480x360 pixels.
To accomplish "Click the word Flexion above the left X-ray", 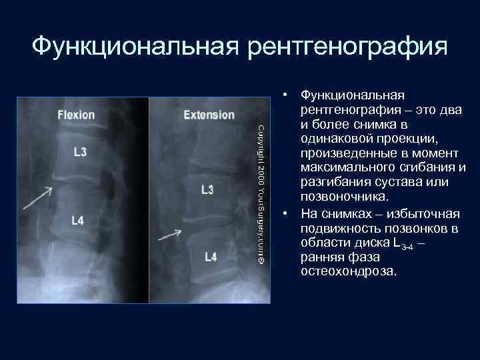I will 76,115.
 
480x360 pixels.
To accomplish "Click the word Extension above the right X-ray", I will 209,115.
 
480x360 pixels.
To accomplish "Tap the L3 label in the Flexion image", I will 79,152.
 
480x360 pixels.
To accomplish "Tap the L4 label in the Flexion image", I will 77,221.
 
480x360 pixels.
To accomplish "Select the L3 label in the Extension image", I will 207,190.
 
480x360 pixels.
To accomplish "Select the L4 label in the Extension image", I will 211,257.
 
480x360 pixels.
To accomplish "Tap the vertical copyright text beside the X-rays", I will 261,193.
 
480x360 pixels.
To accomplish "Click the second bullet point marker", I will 285,214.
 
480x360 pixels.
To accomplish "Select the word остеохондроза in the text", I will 349,272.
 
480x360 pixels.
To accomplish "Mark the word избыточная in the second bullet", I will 425,214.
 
